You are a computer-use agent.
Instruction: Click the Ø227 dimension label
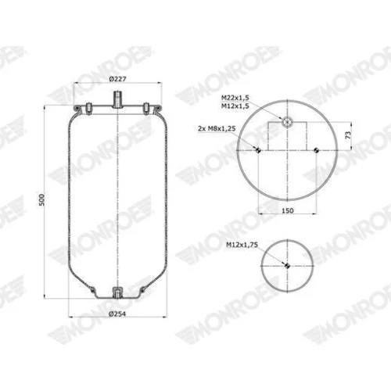117,78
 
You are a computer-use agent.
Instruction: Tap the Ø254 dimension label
117,314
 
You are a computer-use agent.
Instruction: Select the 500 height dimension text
42,199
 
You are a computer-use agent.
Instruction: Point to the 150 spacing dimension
288,210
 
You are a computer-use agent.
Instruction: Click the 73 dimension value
348,135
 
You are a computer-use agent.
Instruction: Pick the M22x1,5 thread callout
235,98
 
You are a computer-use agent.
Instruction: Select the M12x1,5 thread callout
235,106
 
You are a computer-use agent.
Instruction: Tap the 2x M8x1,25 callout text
217,128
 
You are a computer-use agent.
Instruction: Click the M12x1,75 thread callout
242,245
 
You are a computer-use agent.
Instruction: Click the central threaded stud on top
118,99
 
